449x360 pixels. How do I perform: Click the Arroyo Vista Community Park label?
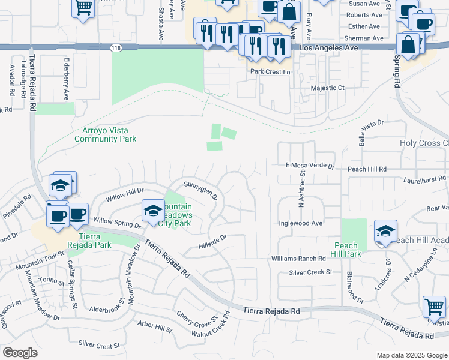[x=105, y=134]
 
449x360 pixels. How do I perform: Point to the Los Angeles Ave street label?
[x=324, y=47]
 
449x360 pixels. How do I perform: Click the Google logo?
[x=20, y=353]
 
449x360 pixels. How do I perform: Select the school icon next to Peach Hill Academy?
[x=385, y=231]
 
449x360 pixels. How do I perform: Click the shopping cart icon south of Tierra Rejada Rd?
[x=434, y=307]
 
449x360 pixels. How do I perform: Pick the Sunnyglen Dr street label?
[x=200, y=190]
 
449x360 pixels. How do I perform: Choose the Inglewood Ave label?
[x=301, y=223]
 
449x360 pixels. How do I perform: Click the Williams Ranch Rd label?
[x=298, y=258]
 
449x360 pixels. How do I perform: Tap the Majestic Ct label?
[x=328, y=88]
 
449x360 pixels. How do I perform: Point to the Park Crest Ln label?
[x=270, y=71]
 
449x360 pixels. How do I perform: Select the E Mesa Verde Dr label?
[x=309, y=166]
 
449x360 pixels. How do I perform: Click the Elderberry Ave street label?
[x=67, y=79]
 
